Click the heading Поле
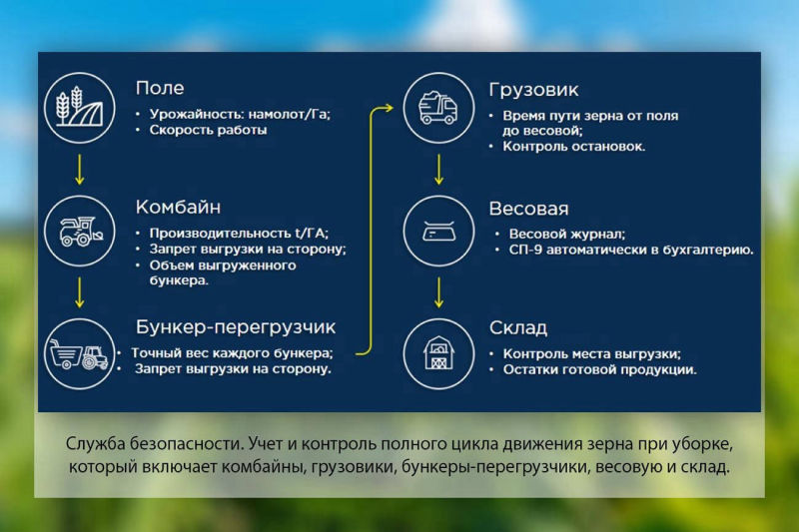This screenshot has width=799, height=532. (x=160, y=89)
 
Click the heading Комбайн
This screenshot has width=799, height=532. (x=178, y=208)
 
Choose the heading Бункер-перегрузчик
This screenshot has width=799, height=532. (x=236, y=326)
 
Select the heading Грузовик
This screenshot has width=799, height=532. (x=533, y=89)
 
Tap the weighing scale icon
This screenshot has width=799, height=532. (x=436, y=230)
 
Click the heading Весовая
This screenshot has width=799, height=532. (x=528, y=209)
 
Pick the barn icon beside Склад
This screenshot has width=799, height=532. (x=436, y=352)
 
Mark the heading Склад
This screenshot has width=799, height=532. (x=517, y=328)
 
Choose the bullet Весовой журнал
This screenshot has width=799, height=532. (x=566, y=234)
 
